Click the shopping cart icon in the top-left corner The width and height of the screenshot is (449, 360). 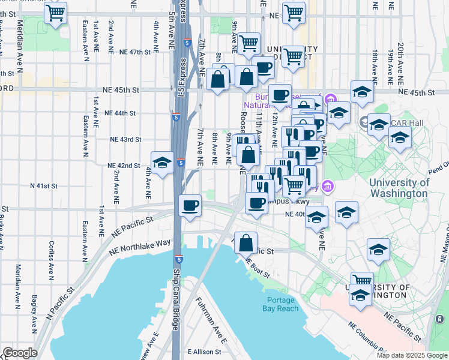[55, 13]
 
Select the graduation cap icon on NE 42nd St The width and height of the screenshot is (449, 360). [161, 163]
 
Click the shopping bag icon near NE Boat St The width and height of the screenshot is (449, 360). [246, 243]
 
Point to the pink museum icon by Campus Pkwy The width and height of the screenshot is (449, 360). [327, 187]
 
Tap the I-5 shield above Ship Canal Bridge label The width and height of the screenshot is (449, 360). [179, 259]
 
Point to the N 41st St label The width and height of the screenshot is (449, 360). [43, 186]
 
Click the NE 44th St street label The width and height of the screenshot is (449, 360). [120, 113]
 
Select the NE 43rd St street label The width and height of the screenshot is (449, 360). [125, 139]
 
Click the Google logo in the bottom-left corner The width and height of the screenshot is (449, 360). [19, 352]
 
